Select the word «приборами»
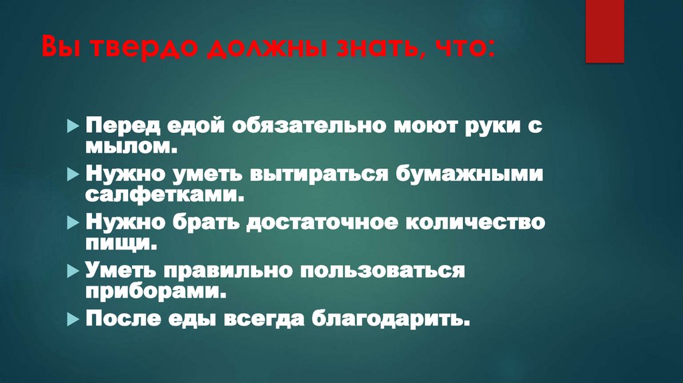[x=153, y=290]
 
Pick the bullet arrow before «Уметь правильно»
[x=73, y=271]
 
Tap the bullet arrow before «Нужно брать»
[x=73, y=223]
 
